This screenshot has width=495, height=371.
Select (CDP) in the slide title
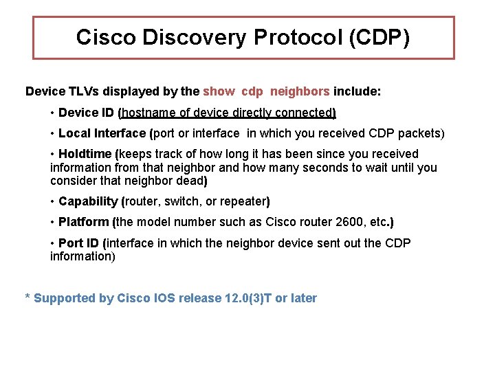[x=379, y=37]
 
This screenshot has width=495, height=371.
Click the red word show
[x=219, y=91]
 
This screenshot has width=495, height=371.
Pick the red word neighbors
[x=300, y=91]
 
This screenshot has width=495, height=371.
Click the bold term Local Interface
[x=102, y=133]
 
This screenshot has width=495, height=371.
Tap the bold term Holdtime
[x=86, y=154]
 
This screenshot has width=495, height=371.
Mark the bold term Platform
[x=84, y=222]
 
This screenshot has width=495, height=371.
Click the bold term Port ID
[x=80, y=243]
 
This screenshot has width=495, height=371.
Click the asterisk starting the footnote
[x=27, y=298]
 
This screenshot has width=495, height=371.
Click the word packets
[x=420, y=133]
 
